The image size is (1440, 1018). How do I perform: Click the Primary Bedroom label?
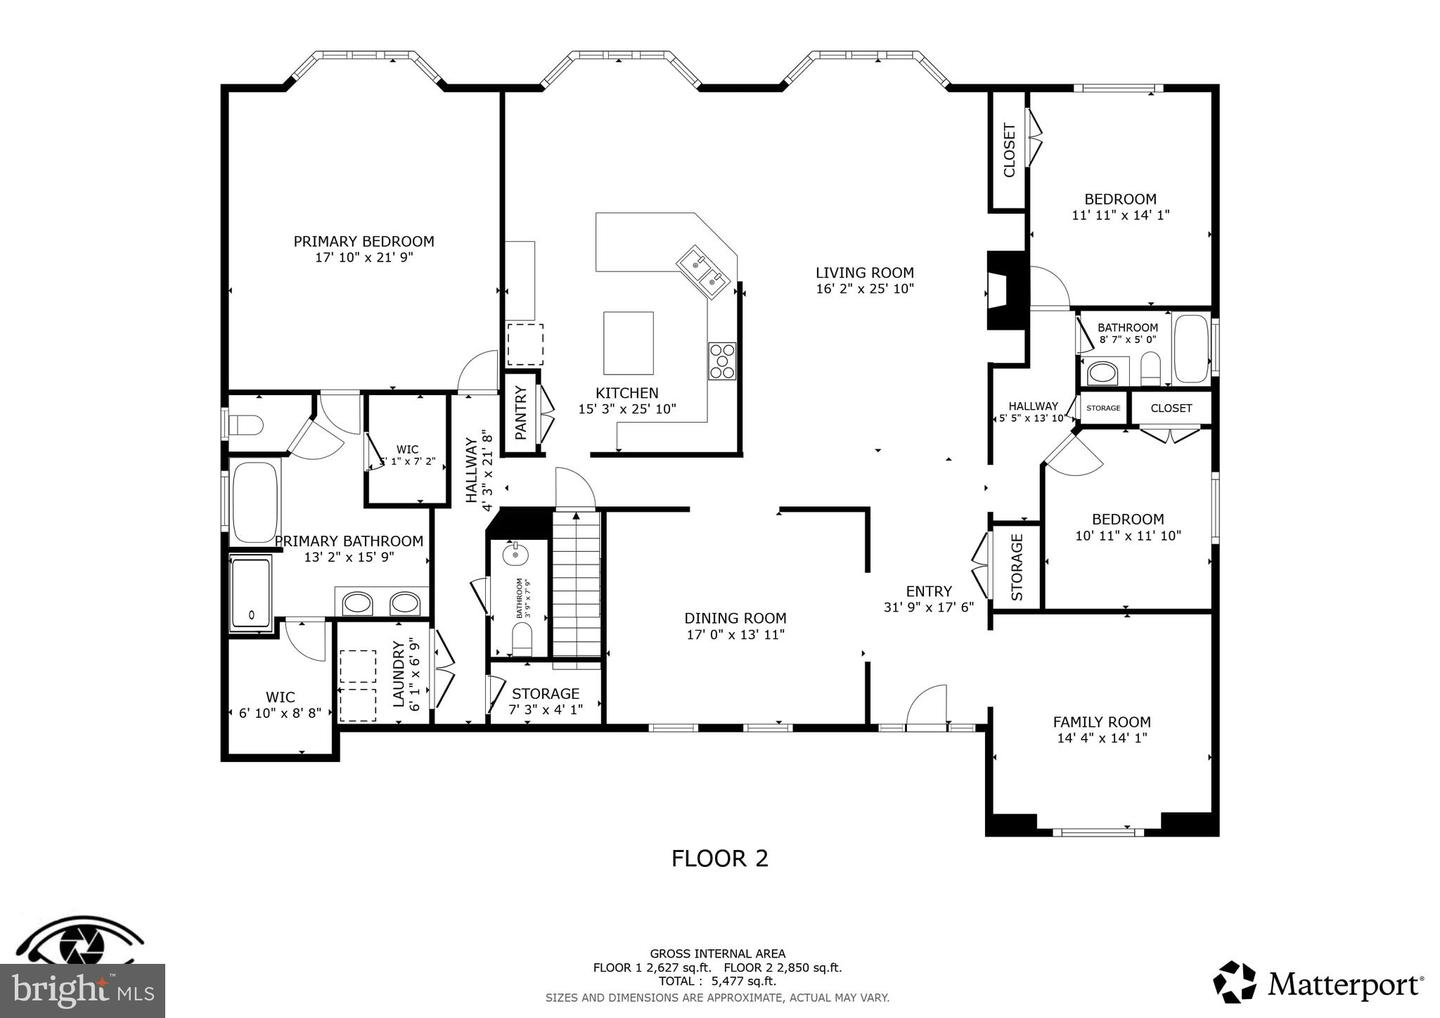[363, 241]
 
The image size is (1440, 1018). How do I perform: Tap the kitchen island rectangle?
[628, 342]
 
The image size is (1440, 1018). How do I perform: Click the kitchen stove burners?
[721, 360]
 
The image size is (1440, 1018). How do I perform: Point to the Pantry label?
[520, 413]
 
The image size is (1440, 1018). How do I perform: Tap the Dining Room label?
[735, 618]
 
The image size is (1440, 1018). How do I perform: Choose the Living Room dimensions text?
[864, 289]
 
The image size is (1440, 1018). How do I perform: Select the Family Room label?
[1101, 721]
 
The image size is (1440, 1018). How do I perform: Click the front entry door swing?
[926, 704]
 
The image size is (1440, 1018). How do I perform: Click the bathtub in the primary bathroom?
[258, 501]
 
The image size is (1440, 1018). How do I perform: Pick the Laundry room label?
[398, 675]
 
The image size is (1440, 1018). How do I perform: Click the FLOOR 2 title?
[719, 858]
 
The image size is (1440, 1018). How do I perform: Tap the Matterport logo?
[1319, 984]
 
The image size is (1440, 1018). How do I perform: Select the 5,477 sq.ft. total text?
[717, 982]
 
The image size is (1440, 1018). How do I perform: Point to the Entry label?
[928, 591]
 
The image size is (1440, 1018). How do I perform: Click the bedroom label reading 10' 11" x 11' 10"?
[1127, 535]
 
